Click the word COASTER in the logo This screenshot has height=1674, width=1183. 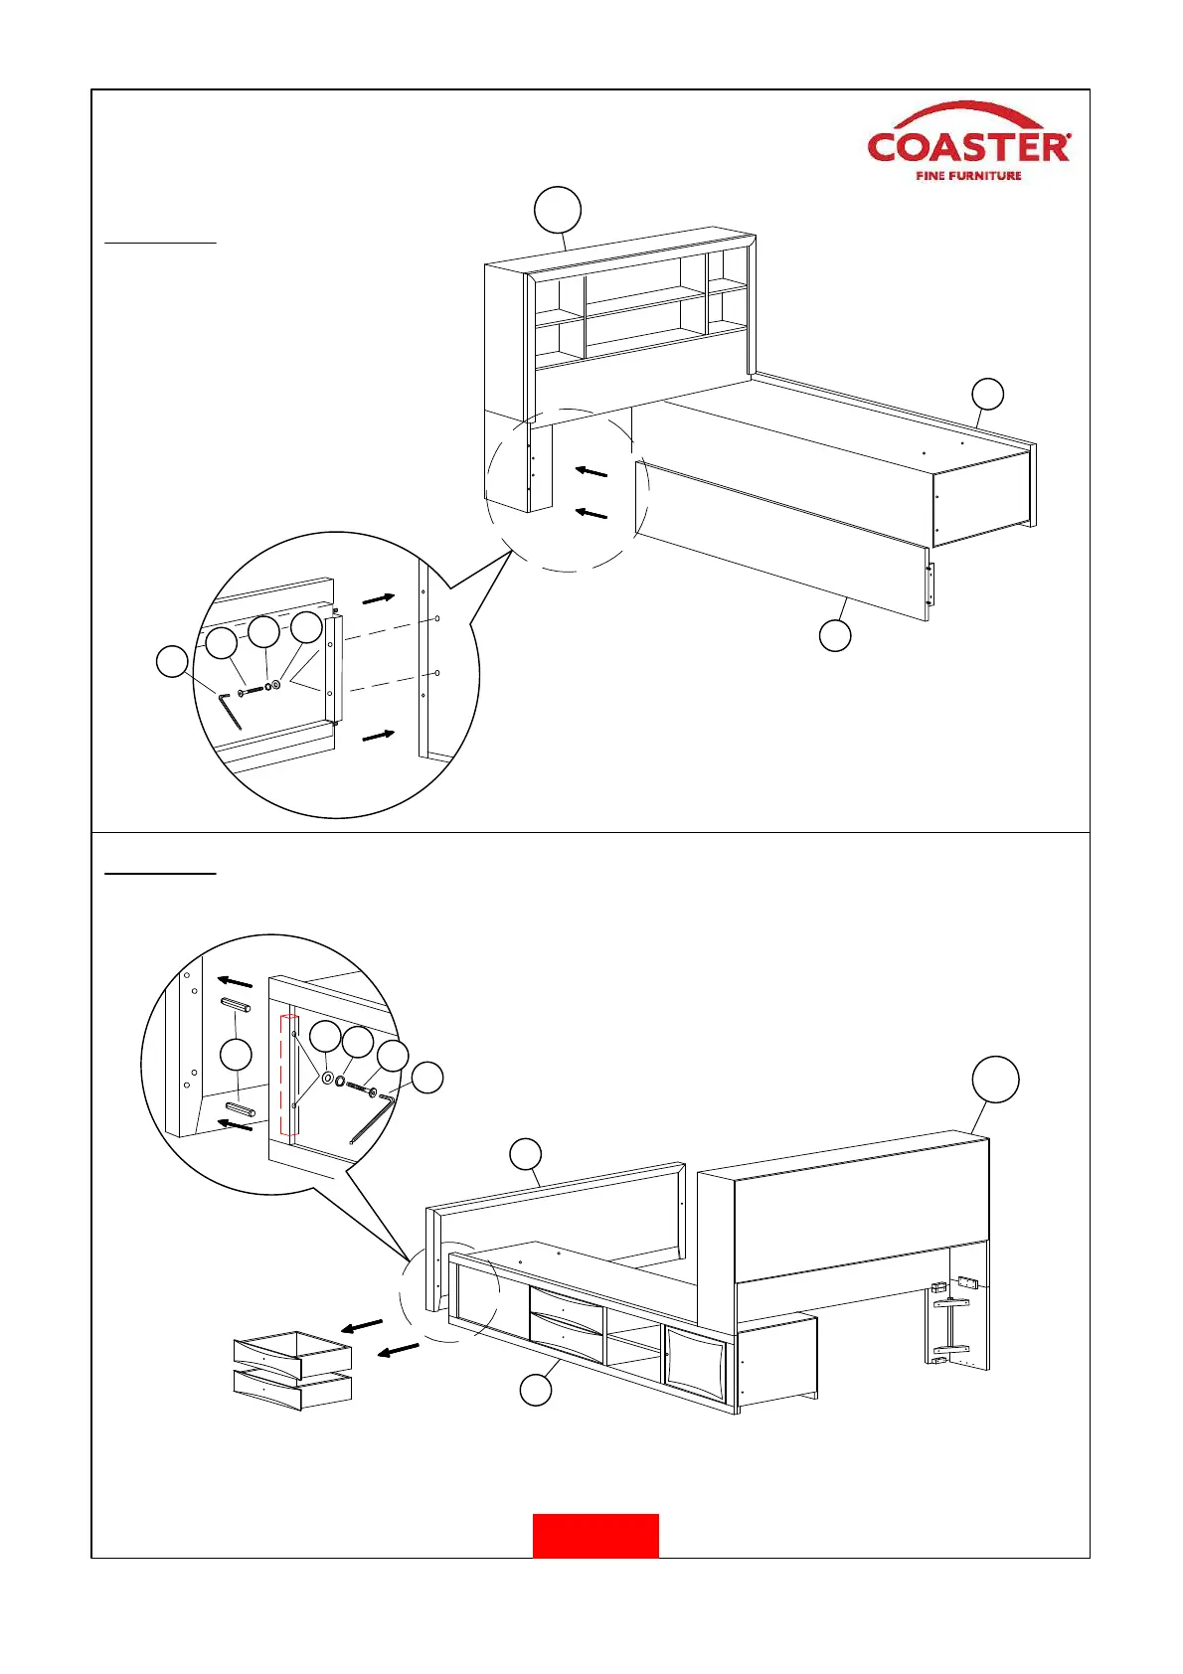pyautogui.click(x=968, y=148)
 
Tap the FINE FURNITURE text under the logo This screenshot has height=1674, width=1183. pyautogui.click(x=968, y=176)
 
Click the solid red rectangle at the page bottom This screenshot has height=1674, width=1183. pyautogui.click(x=595, y=1535)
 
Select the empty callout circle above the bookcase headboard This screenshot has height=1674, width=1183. pyautogui.click(x=558, y=210)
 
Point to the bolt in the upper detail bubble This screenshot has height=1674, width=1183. pyautogui.click(x=253, y=689)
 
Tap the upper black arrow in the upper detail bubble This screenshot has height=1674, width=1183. pyautogui.click(x=378, y=598)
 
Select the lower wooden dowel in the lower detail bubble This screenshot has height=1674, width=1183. pyautogui.click(x=240, y=1108)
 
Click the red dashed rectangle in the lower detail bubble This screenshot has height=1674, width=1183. pyautogui.click(x=289, y=1075)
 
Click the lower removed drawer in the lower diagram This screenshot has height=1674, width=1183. pyautogui.click(x=292, y=1389)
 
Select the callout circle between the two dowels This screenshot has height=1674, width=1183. pyautogui.click(x=236, y=1055)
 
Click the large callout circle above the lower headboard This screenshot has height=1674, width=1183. pyautogui.click(x=995, y=1080)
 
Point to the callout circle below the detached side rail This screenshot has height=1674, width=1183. pyautogui.click(x=835, y=635)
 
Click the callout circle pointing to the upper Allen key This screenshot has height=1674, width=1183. pyautogui.click(x=173, y=662)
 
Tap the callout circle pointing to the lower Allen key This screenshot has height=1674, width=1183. pyautogui.click(x=427, y=1078)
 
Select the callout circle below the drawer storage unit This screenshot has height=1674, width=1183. pyautogui.click(x=536, y=1390)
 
